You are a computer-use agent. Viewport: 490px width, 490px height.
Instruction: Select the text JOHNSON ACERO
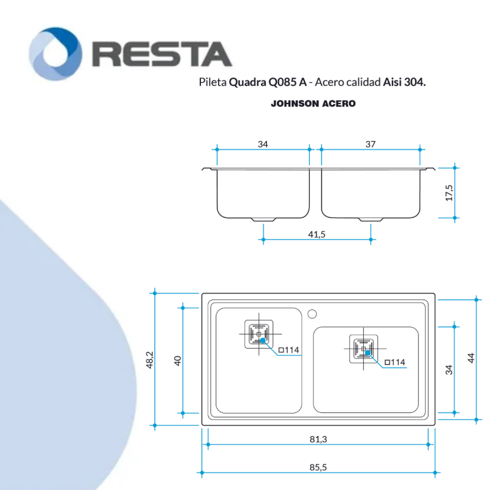click(313, 104)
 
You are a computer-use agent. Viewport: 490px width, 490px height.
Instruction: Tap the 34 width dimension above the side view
click(263, 145)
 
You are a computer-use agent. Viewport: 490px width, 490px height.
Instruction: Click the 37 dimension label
click(370, 145)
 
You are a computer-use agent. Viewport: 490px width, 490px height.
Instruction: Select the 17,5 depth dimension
click(449, 192)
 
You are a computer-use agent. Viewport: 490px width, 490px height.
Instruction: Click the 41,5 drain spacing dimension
click(317, 234)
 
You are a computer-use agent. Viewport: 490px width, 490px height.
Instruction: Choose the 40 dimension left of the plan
click(178, 360)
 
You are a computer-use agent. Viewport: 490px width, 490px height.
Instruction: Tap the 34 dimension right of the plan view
click(448, 369)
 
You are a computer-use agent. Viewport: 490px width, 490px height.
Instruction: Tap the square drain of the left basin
click(258, 334)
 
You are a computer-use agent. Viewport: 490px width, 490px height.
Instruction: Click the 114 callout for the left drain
click(289, 350)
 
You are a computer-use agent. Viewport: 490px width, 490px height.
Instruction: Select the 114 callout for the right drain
click(394, 363)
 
